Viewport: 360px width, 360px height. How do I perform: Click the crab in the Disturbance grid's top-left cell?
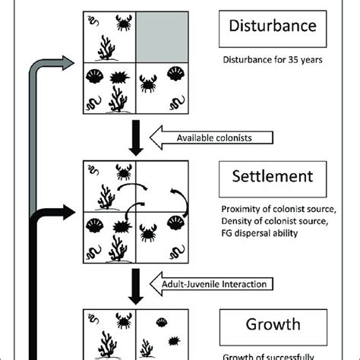(122, 24)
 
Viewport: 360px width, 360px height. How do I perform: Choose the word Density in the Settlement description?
(238, 220)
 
